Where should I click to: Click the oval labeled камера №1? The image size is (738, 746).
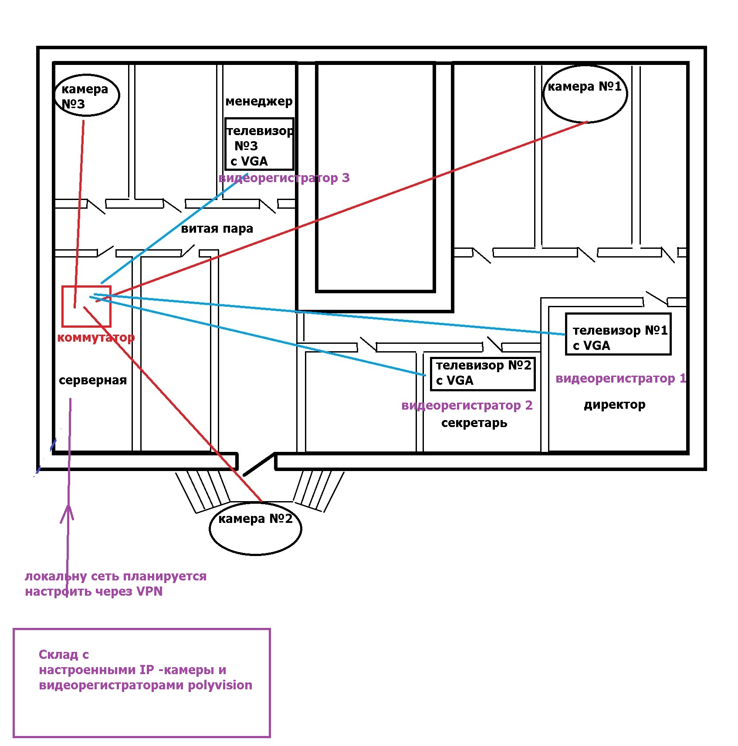pos(585,94)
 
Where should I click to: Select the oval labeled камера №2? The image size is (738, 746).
pos(255,528)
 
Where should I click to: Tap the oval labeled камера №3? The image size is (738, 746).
pos(87,95)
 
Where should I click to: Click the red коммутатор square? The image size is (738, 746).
pos(86,306)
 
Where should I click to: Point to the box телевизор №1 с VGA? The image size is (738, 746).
pos(618,334)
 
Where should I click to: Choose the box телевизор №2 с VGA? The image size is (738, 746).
pos(482,373)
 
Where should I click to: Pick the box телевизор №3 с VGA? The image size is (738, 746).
pos(259,144)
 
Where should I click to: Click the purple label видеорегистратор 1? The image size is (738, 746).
pos(621,378)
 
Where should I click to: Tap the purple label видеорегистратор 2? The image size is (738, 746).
pos(467,405)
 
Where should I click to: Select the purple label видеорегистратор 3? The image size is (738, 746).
pos(284,178)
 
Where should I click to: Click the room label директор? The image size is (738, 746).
pos(614,405)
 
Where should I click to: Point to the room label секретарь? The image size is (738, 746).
pos(474,423)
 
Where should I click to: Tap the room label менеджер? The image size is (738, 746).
pos(259,102)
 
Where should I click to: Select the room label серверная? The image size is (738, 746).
pos(93,380)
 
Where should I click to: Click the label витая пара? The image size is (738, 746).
pos(217,229)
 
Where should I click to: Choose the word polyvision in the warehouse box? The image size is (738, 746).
pos(220,685)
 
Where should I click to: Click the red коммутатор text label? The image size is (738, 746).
pos(96,338)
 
